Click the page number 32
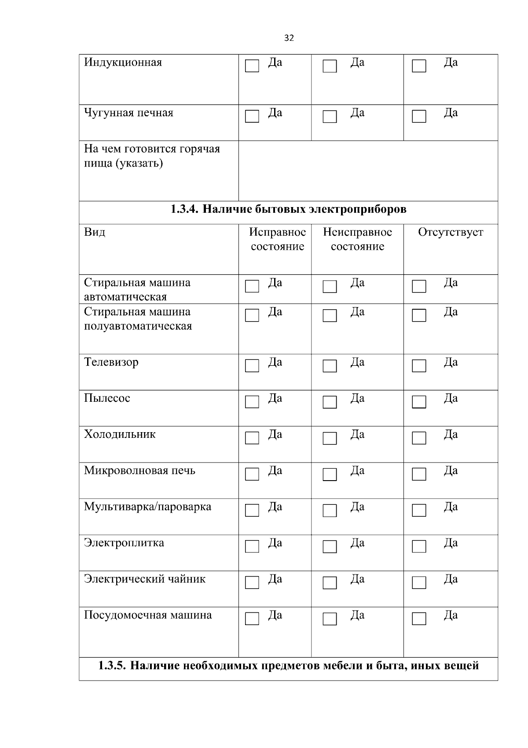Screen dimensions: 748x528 (x=289, y=38)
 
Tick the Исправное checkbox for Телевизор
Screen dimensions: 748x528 (x=252, y=366)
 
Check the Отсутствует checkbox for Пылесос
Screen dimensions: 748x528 (x=419, y=402)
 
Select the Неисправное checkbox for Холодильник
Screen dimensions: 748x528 (x=330, y=438)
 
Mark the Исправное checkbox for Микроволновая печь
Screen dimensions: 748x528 (x=252, y=474)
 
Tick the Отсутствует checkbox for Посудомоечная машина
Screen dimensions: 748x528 (x=419, y=619)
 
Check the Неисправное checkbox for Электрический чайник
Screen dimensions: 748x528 (x=330, y=583)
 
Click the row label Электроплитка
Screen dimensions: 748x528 (x=124, y=543)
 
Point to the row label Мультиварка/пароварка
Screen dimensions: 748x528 (x=147, y=507)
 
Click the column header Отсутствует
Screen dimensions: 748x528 (x=451, y=232)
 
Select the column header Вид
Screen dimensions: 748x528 (x=95, y=232)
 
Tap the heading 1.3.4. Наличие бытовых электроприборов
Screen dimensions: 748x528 (x=288, y=209)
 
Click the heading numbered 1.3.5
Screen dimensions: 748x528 (x=288, y=665)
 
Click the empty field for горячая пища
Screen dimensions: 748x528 (x=368, y=171)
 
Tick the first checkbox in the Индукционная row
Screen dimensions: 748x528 (x=252, y=66)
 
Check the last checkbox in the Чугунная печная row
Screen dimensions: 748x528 (x=419, y=116)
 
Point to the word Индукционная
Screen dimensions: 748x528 (x=123, y=62)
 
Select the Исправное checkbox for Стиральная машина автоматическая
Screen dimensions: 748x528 (x=252, y=286)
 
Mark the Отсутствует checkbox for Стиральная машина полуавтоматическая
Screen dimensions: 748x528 (x=419, y=315)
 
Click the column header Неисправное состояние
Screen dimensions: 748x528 (x=357, y=239)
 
